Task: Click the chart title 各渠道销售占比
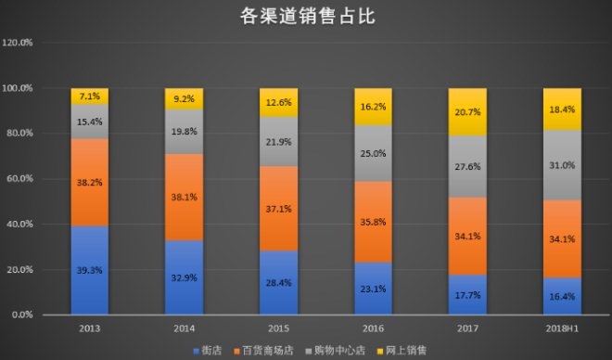tap(306, 16)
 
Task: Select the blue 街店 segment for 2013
tap(90, 270)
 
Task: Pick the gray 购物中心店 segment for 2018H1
tap(562, 165)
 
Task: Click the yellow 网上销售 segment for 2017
tap(467, 112)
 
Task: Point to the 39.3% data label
tap(90, 270)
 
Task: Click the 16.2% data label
tap(373, 107)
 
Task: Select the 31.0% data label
tap(562, 165)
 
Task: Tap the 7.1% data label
tap(90, 96)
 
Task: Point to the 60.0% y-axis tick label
tap(19, 179)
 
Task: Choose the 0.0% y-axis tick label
tap(21, 315)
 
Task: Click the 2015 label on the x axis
tap(278, 329)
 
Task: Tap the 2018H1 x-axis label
tap(562, 329)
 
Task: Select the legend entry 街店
tap(211, 350)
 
